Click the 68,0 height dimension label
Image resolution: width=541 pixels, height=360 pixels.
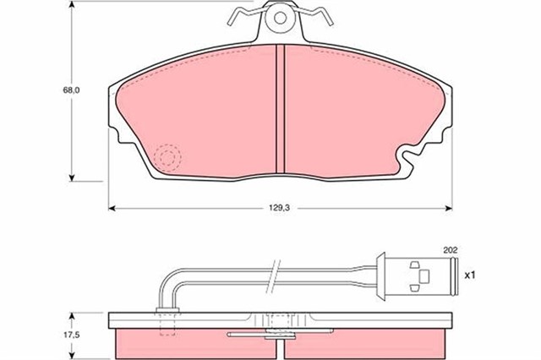pos(71,90)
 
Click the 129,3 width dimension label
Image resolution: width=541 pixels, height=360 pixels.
pos(279,208)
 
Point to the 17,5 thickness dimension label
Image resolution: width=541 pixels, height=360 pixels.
pos(71,335)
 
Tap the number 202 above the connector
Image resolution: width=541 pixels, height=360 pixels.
pos(451,250)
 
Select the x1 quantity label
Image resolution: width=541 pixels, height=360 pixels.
pos(470,275)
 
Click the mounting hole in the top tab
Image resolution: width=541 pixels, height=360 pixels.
pos(280,18)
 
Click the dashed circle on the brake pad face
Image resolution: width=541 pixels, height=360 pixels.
pos(167,157)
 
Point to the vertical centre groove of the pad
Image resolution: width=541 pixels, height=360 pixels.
pos(280,109)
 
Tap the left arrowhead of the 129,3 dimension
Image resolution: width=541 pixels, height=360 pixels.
pos(112,208)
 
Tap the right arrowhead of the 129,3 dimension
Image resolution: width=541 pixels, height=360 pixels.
pos(449,208)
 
